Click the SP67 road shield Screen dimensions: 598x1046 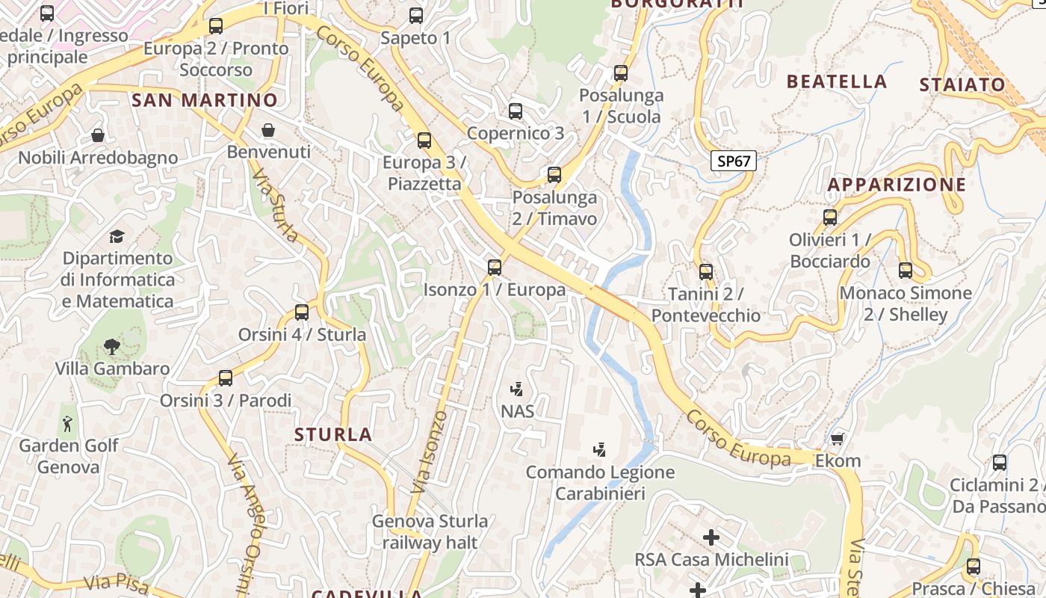(x=733, y=161)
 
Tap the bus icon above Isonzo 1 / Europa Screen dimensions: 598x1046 (x=494, y=267)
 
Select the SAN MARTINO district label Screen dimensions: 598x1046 (x=204, y=100)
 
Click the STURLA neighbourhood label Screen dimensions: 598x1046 (x=332, y=434)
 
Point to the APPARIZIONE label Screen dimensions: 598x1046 (x=897, y=185)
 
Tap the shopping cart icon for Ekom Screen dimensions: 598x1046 (x=838, y=439)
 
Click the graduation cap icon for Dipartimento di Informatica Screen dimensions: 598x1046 (x=117, y=237)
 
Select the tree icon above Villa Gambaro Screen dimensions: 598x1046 (x=112, y=346)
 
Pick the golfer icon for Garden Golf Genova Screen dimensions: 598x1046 (x=68, y=424)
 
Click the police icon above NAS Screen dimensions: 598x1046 (x=516, y=389)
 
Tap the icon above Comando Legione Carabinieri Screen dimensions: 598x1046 (x=599, y=450)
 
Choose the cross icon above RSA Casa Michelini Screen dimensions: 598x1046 (x=711, y=537)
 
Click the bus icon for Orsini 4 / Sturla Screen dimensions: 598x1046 (x=302, y=312)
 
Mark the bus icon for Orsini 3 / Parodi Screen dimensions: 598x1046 (x=226, y=377)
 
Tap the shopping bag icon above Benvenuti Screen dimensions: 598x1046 (x=268, y=131)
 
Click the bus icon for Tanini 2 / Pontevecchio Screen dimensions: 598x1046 (x=706, y=271)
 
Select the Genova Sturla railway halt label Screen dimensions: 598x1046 (x=430, y=531)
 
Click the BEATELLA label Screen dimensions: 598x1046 (x=837, y=81)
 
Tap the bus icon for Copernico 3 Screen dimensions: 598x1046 (x=516, y=111)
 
